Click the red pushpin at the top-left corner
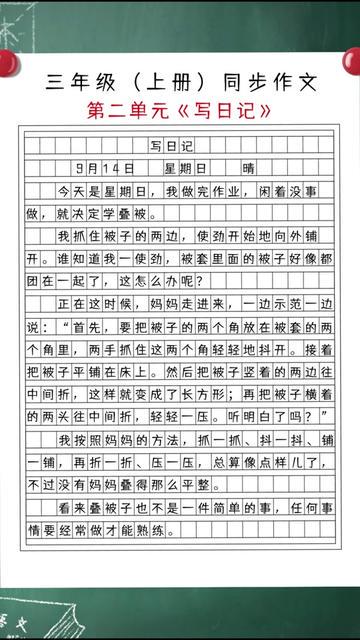pyautogui.click(x=7, y=57)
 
